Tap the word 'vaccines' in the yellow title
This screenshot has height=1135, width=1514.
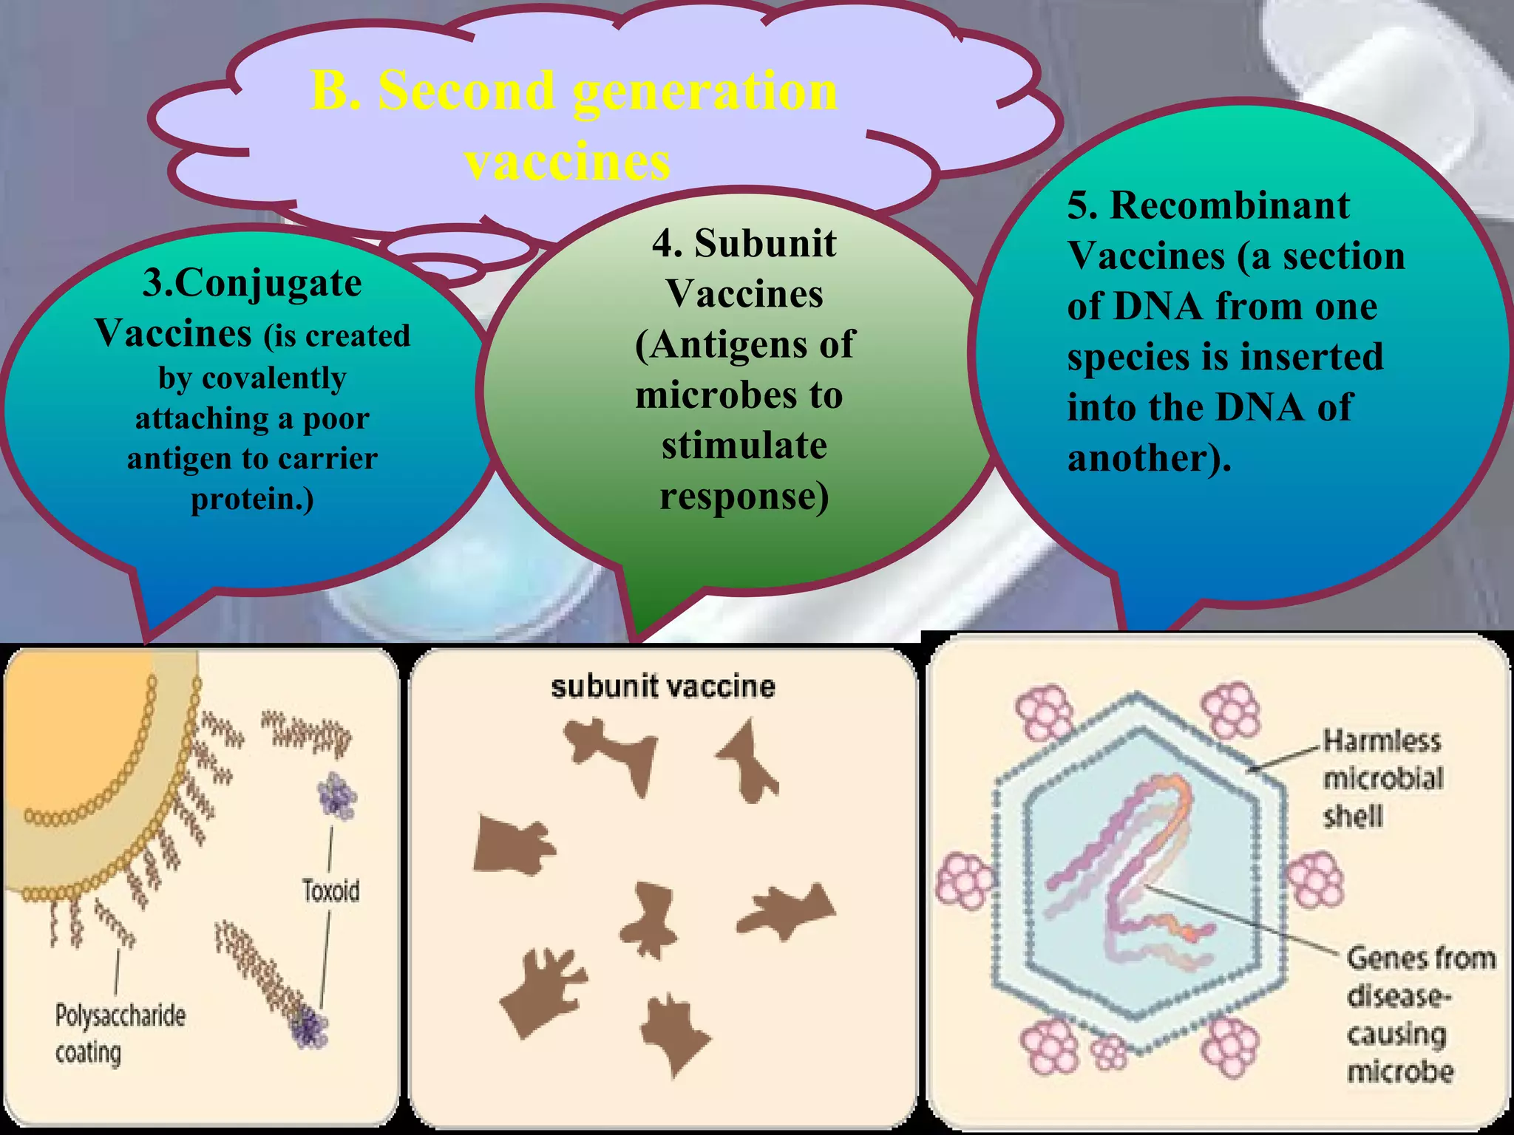[x=568, y=161]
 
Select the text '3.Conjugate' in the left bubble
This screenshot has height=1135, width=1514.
[x=252, y=283]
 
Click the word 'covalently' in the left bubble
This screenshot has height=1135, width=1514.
[x=252, y=378]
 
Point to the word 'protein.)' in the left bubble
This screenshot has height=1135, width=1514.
[x=252, y=499]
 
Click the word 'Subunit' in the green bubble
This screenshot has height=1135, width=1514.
[x=765, y=243]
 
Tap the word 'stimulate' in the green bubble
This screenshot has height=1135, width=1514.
[x=744, y=445]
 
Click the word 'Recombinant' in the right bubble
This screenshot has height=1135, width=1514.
[x=1229, y=205]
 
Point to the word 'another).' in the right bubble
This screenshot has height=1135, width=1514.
[x=1149, y=458]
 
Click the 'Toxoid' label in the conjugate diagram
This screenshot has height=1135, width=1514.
[x=330, y=890]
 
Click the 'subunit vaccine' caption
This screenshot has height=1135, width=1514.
[x=662, y=686]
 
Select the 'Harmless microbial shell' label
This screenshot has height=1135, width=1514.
[x=1381, y=778]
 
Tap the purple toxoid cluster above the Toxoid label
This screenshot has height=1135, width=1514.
[x=336, y=797]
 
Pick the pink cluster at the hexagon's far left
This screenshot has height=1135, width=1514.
[x=963, y=882]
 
